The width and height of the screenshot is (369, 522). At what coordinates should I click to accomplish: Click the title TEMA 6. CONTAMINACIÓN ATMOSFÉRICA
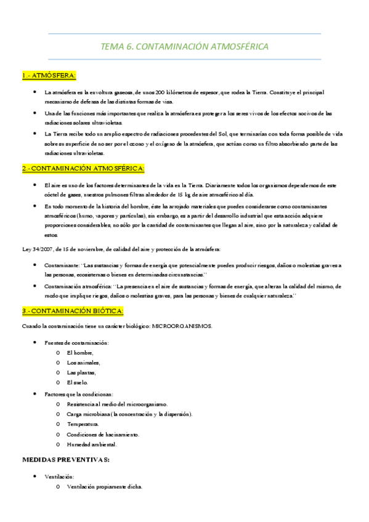184,47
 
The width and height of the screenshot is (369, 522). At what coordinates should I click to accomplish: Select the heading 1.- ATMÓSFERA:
49,75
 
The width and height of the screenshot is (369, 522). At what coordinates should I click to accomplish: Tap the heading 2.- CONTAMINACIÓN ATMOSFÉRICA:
83,168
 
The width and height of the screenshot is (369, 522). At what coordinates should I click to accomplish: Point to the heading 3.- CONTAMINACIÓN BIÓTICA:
73,311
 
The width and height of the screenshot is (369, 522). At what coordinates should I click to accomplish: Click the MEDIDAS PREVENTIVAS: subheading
66,459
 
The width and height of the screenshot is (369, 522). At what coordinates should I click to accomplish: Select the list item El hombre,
80,352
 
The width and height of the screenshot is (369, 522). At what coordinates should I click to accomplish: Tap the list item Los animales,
83,363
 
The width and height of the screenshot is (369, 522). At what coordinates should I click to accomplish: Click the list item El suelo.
78,382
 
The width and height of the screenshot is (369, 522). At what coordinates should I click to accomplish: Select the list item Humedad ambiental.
92,444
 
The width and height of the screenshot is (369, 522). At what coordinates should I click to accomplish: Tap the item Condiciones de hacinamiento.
103,434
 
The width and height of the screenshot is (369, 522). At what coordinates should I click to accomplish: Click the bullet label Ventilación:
60,476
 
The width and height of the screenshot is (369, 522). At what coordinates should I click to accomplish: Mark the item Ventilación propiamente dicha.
105,487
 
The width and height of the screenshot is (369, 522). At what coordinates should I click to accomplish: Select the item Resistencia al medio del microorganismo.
117,404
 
